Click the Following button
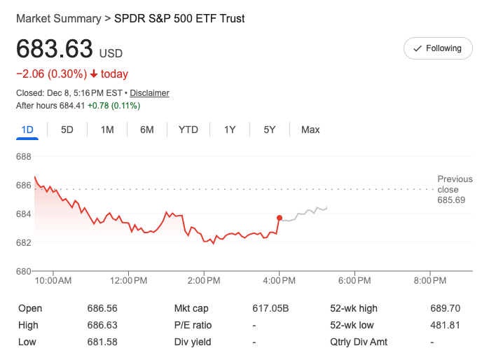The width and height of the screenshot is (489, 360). [x=438, y=48]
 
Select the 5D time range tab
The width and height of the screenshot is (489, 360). [x=67, y=130]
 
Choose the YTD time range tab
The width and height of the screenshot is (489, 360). [x=188, y=130]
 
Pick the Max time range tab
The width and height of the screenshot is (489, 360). [x=310, y=130]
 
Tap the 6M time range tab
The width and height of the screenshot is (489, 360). [x=146, y=130]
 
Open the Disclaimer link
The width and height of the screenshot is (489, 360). [x=149, y=93]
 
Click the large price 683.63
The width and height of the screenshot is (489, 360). [x=55, y=50]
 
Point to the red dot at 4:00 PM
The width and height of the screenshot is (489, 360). [x=280, y=218]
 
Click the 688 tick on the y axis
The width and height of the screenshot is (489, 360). [x=24, y=157]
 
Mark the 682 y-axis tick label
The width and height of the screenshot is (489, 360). [x=24, y=243]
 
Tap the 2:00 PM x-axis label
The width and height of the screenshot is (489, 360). [x=204, y=280]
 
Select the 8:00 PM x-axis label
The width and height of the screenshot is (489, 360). [x=430, y=280]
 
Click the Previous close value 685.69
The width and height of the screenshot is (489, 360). [x=451, y=200]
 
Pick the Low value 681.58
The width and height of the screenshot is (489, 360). [x=102, y=342]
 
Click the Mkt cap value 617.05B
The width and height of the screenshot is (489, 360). [x=270, y=308]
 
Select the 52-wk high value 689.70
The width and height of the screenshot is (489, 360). [x=445, y=308]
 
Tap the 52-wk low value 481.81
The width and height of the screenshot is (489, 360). [x=445, y=325]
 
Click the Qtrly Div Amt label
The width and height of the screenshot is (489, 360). [x=359, y=342]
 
